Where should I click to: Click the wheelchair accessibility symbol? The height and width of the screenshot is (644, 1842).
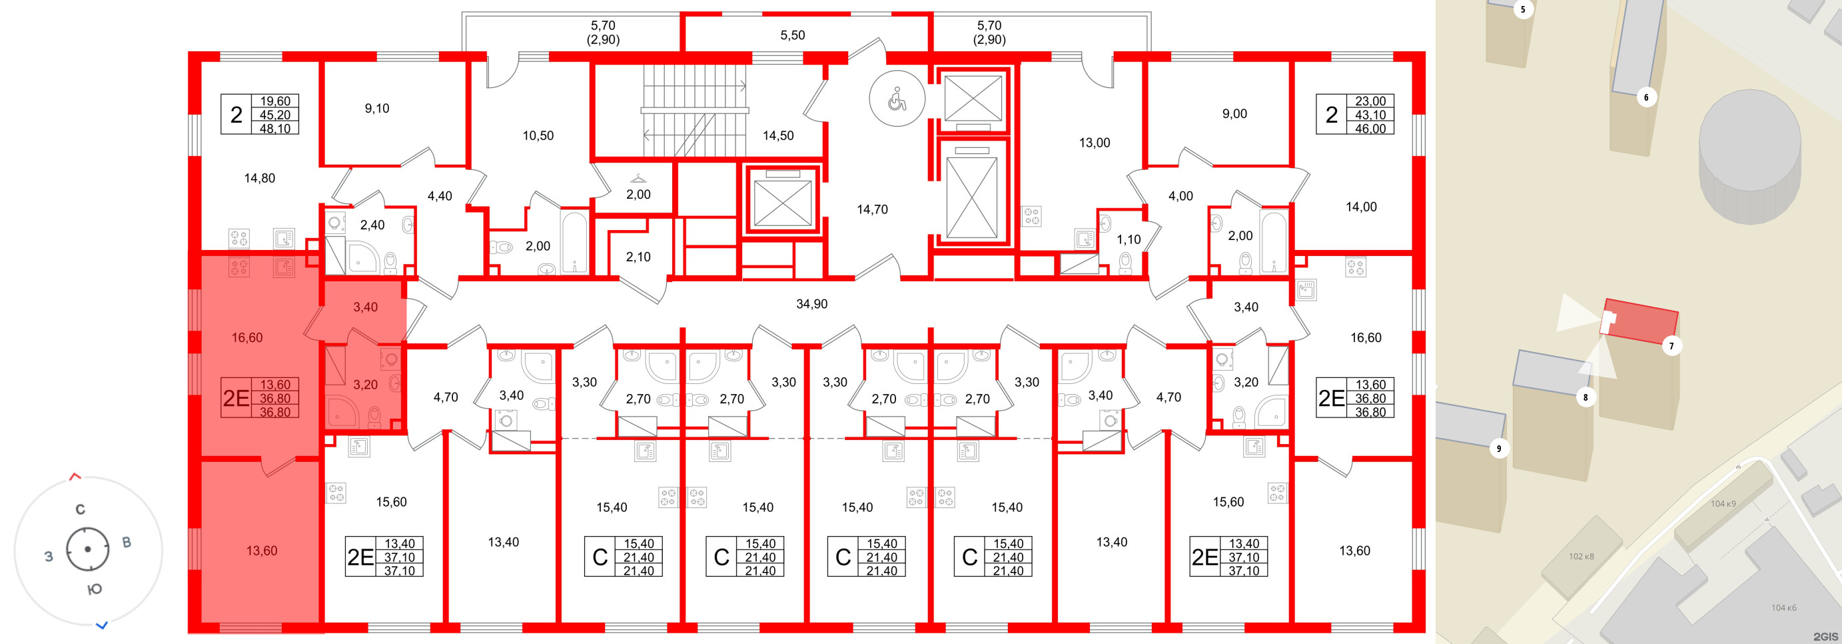[x=897, y=99]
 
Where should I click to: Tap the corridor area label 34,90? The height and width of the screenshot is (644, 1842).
[x=811, y=304]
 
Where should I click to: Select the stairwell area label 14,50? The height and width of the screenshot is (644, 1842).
[x=778, y=135]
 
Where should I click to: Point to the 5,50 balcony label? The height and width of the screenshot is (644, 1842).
[x=792, y=35]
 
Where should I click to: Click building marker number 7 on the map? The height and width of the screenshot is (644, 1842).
[x=1671, y=346]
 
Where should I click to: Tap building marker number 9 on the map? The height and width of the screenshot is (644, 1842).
[x=1499, y=449]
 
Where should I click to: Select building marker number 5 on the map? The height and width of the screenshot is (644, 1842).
[x=1522, y=9]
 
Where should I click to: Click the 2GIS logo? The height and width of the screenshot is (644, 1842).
[x=1825, y=636]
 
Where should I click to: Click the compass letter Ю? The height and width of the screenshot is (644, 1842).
[x=95, y=589]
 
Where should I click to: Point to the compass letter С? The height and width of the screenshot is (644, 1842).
[x=80, y=509]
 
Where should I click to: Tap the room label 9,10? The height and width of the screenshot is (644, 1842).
[x=377, y=109]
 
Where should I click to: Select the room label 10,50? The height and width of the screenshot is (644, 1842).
[x=538, y=135]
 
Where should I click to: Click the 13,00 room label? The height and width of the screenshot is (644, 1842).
[x=1094, y=143]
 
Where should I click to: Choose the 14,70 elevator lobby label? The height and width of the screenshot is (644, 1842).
[x=873, y=209]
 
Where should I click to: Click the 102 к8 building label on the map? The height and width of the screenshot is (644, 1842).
[x=1581, y=556]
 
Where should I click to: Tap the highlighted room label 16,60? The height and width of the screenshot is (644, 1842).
[x=246, y=338]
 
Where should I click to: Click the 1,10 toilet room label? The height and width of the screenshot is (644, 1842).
[x=1129, y=240]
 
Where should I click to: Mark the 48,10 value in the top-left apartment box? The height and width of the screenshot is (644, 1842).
[x=274, y=129]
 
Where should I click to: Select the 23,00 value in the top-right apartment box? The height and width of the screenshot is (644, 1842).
[x=1370, y=101]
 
